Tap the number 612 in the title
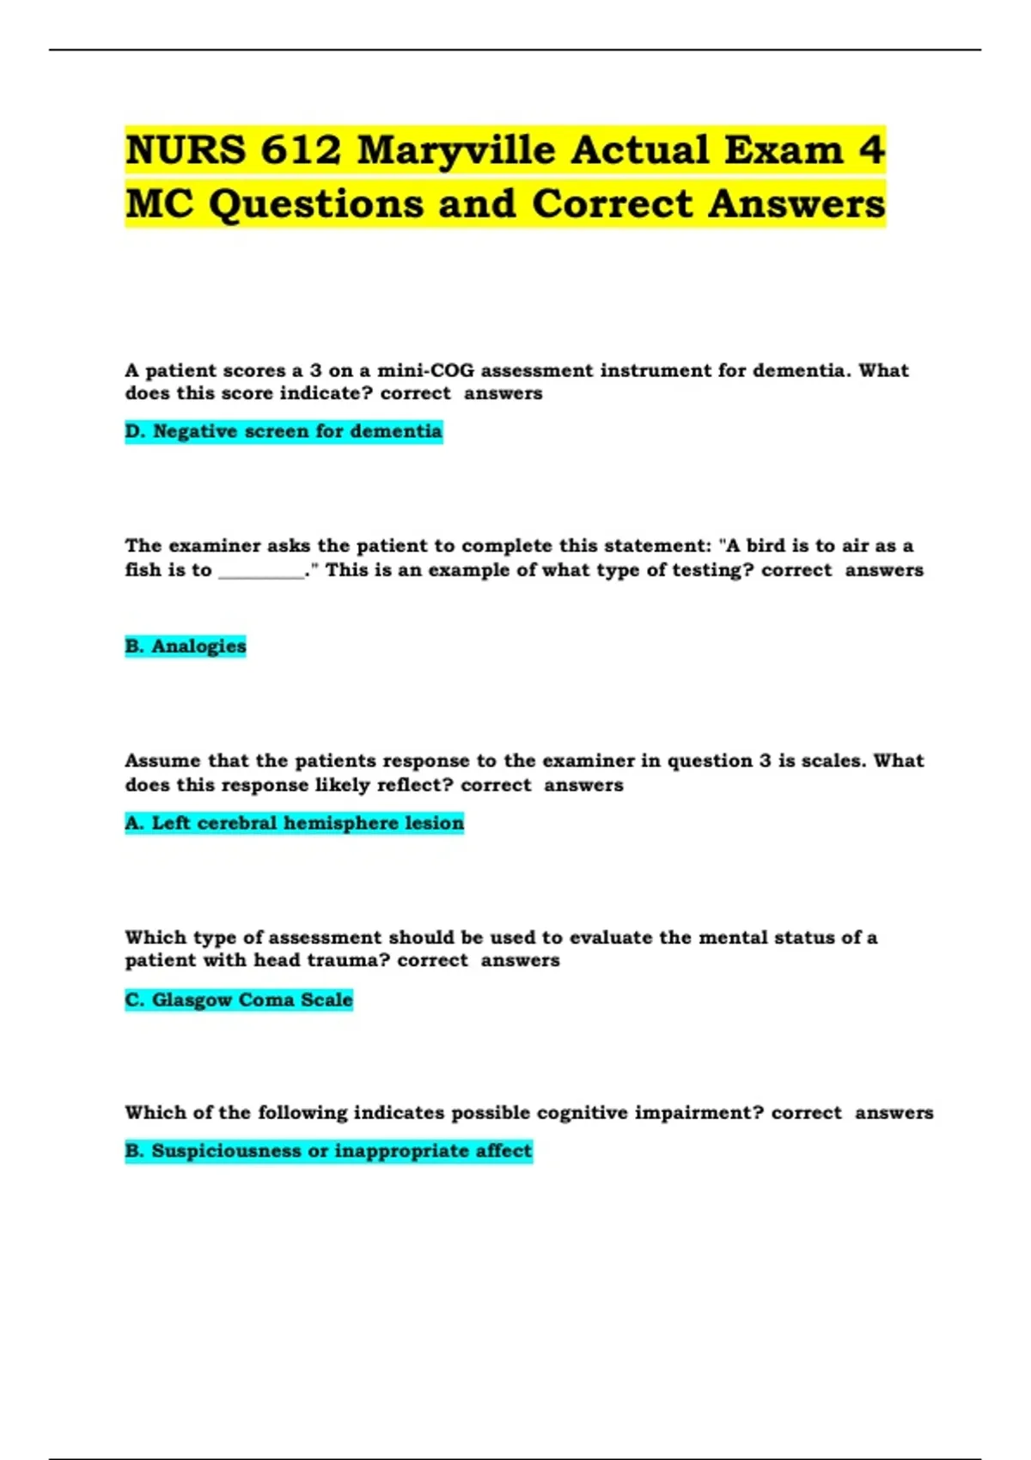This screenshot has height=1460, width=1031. (301, 151)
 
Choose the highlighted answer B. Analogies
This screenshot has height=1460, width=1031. (186, 646)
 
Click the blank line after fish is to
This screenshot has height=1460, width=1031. (261, 572)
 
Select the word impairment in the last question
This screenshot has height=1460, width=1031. (699, 1113)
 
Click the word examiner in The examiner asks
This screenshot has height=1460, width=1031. (214, 546)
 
